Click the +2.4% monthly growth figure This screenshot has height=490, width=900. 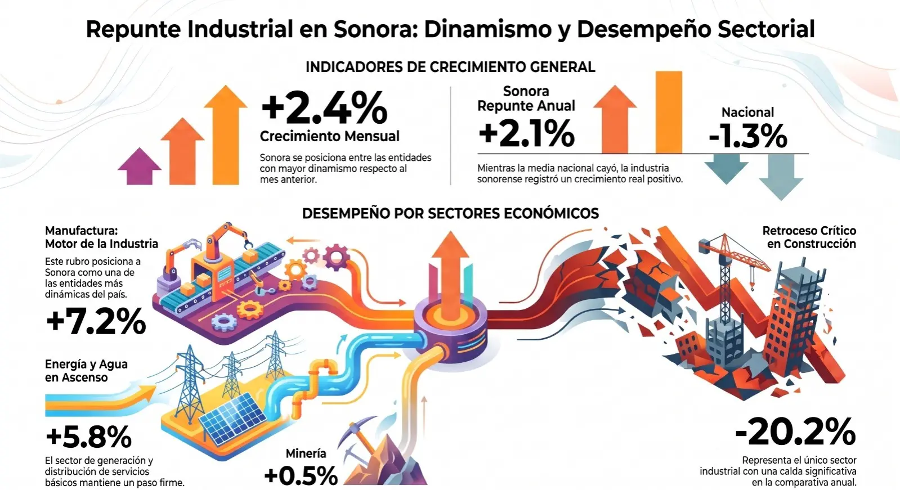324,107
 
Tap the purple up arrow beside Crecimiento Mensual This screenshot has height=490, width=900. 140,167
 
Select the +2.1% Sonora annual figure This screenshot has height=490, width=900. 526,133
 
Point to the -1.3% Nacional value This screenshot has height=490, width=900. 747,136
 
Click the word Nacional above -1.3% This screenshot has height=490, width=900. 747,112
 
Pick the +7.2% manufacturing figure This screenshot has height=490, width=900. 96,321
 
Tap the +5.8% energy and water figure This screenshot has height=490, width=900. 89,437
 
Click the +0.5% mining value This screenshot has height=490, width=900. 301,475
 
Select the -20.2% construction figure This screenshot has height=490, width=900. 795,432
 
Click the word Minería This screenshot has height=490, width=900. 306,453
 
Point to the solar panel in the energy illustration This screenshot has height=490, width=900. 233,417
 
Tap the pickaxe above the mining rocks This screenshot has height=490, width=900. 357,436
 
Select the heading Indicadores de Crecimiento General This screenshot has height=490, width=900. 450,67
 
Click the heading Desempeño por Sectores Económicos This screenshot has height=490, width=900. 450,213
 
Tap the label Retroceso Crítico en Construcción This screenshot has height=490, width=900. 809,237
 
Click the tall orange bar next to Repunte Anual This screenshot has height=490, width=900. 669,112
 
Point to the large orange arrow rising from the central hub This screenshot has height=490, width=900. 450,273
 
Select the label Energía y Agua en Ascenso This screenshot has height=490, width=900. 86,371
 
